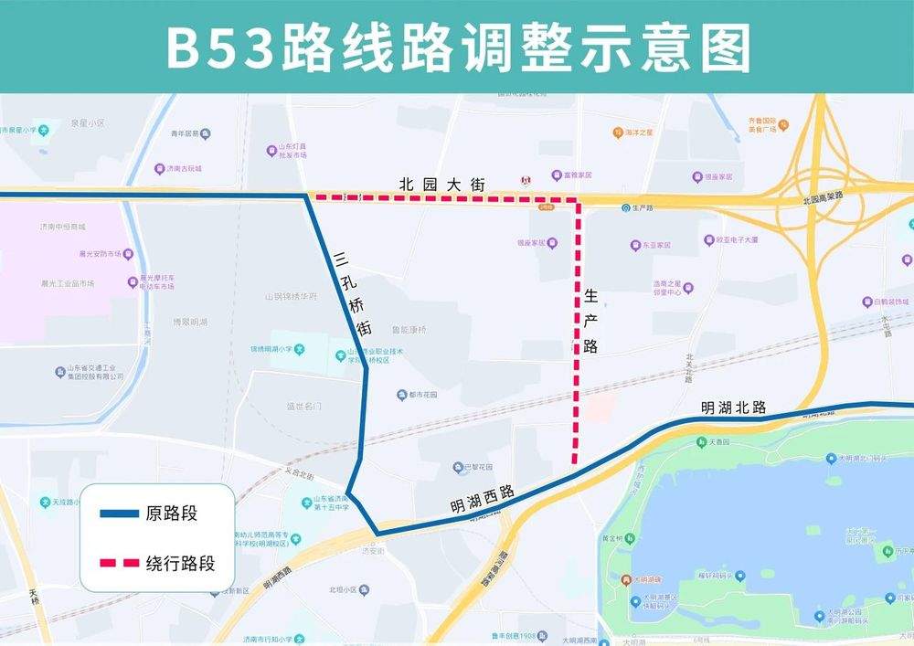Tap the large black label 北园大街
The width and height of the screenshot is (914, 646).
tap(441, 184)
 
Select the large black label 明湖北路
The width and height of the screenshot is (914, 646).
tap(733, 408)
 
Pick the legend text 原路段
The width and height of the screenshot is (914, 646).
tap(171, 514)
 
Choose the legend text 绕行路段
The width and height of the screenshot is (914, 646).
tap(180, 563)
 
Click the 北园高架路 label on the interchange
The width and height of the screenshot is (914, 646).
tap(820, 198)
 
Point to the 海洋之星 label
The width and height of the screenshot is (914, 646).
tap(639, 132)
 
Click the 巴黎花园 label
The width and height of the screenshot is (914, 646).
tap(481, 468)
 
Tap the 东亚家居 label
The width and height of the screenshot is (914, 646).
tap(656, 246)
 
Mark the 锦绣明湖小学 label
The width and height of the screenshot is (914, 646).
tap(278, 349)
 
